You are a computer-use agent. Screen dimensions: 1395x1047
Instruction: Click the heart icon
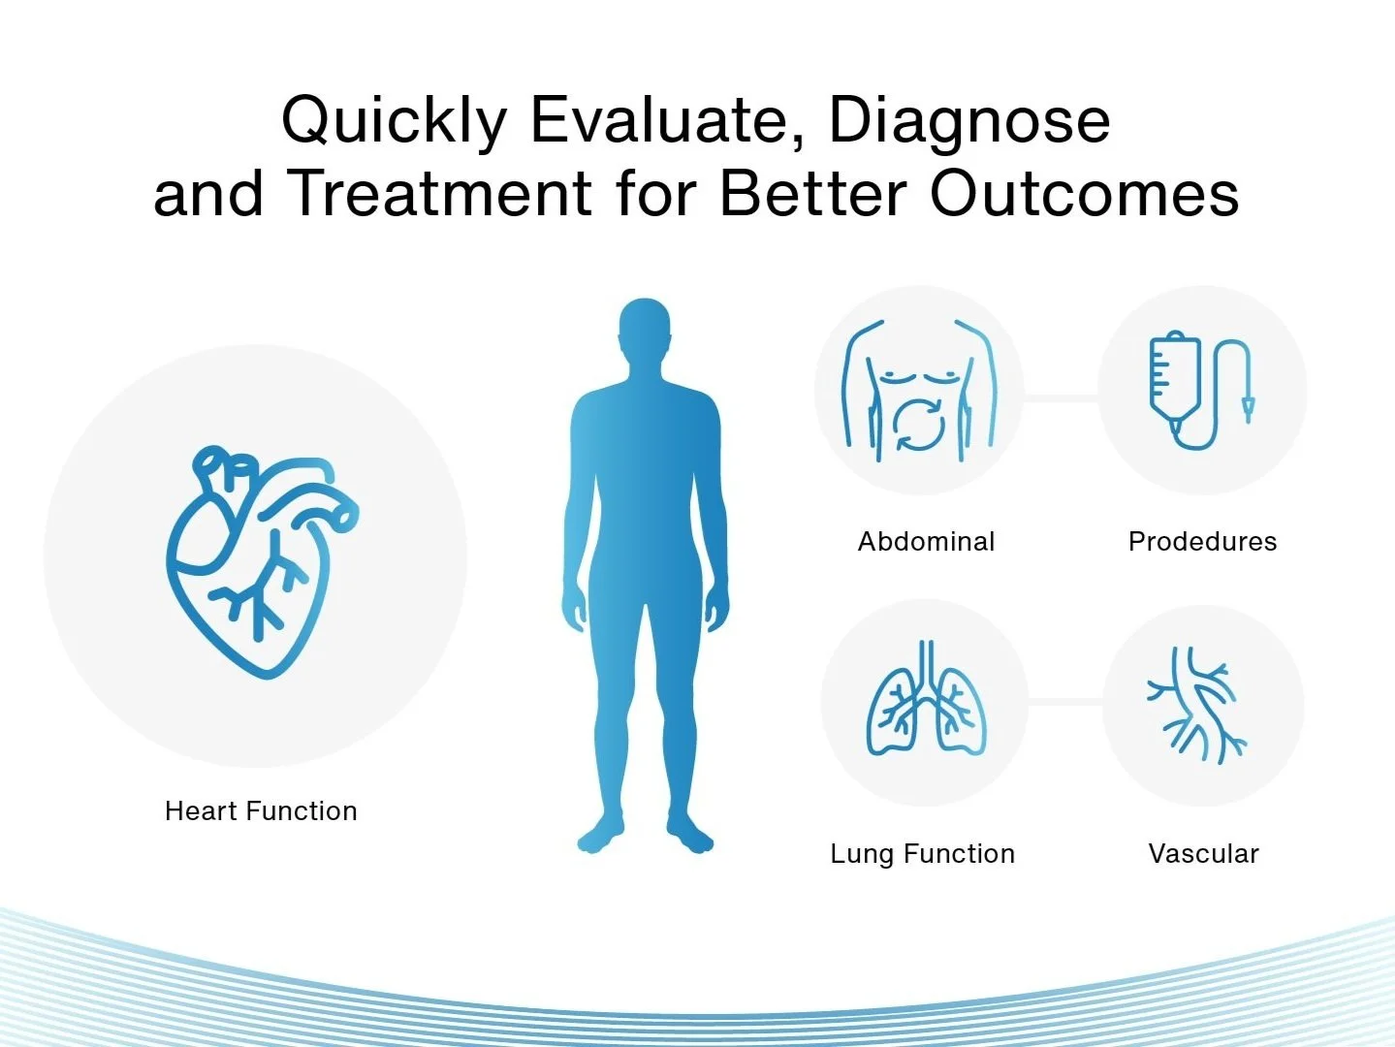click(x=262, y=561)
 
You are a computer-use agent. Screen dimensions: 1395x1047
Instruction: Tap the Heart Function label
click(x=261, y=811)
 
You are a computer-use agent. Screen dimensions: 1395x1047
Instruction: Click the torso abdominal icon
click(x=919, y=391)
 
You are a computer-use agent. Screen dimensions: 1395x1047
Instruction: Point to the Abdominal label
click(x=926, y=542)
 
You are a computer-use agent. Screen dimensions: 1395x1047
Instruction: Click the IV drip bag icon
click(x=1200, y=390)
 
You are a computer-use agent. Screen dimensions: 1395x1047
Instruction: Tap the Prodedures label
click(x=1202, y=542)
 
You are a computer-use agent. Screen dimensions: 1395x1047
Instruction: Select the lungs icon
click(x=927, y=698)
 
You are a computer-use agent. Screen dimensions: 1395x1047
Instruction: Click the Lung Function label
click(x=923, y=854)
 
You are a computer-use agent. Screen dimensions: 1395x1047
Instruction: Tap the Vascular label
click(x=1204, y=854)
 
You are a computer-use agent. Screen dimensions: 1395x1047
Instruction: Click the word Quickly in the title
click(x=394, y=122)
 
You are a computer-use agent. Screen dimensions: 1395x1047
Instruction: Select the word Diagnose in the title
click(x=969, y=122)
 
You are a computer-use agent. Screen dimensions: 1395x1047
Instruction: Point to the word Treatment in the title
click(x=444, y=193)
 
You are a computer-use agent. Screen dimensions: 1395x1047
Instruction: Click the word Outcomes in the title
click(x=1084, y=193)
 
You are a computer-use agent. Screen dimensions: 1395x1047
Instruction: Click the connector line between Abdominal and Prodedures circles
click(x=1061, y=397)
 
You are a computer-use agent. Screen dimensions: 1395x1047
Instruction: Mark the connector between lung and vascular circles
click(x=1065, y=701)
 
